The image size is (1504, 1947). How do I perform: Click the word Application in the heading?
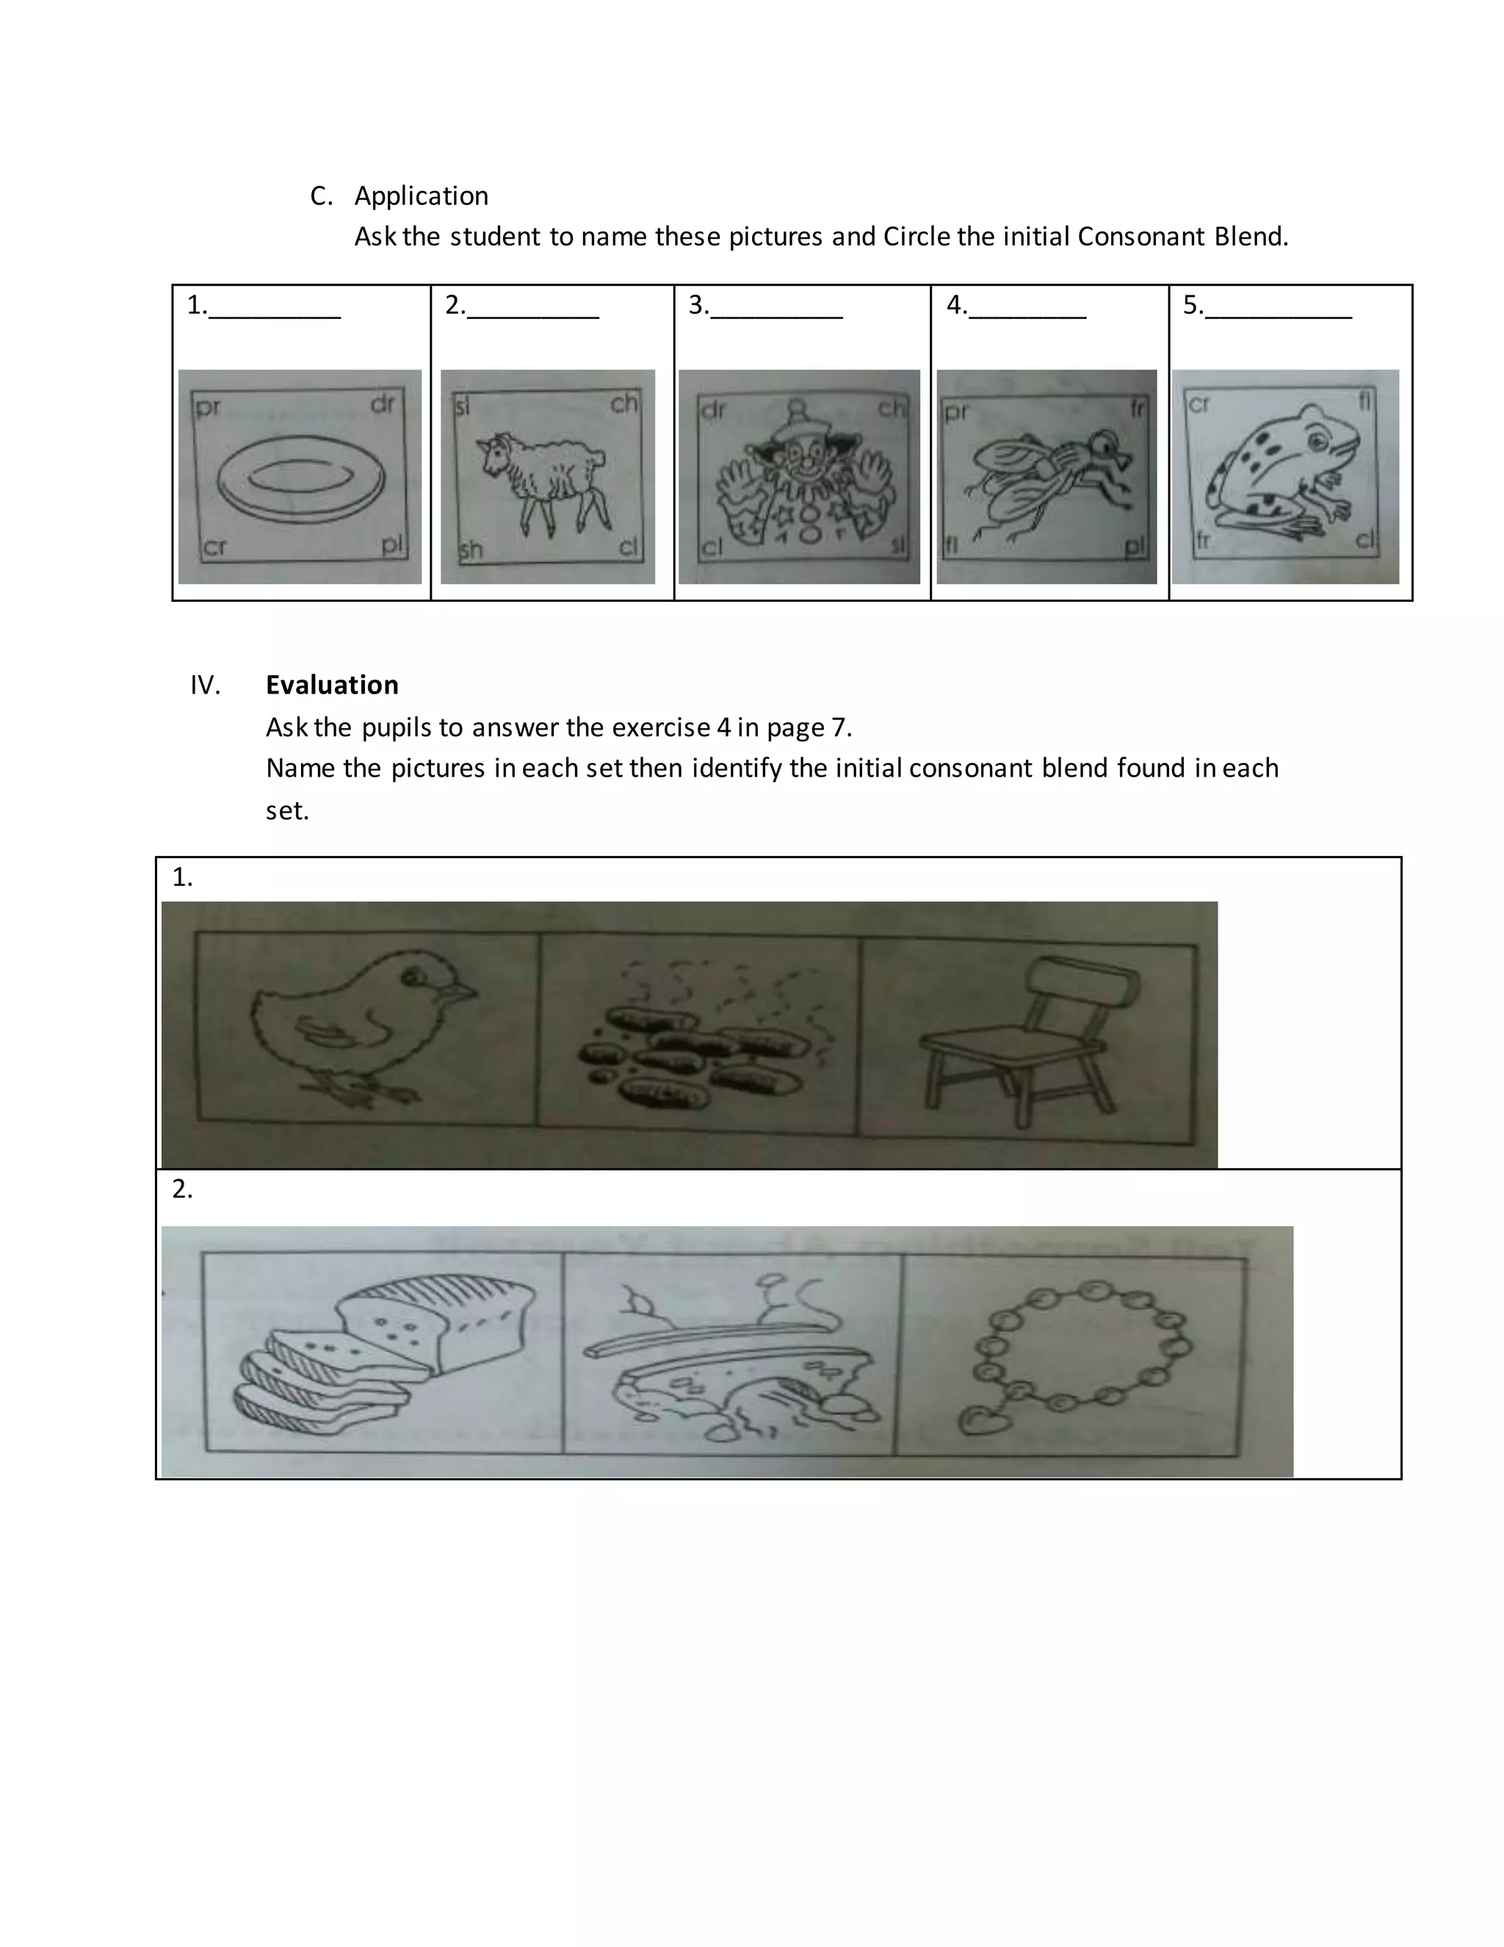(x=421, y=196)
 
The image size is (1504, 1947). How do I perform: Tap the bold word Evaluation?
(x=331, y=685)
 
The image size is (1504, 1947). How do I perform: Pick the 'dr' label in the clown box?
(x=714, y=410)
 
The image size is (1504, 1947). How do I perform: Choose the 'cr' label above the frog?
(x=1199, y=404)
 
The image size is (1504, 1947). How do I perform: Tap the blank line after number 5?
(x=1277, y=314)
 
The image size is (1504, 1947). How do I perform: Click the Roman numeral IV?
(x=205, y=685)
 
